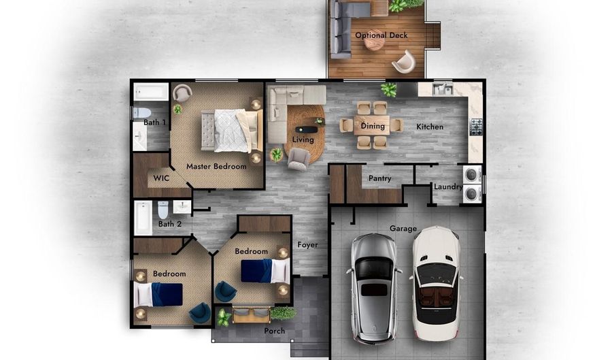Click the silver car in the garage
(373, 289)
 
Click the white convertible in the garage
(436, 283)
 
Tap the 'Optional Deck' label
(381, 35)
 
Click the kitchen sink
(443, 89)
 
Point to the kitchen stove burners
(476, 127)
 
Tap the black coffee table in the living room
(306, 129)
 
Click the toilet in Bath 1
(141, 113)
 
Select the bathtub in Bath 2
(143, 218)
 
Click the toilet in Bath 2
(163, 210)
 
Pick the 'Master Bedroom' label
(216, 166)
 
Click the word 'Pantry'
(379, 178)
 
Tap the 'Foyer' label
(307, 245)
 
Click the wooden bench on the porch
(251, 315)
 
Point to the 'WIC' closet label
(161, 178)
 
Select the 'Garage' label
(403, 229)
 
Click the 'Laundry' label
(448, 187)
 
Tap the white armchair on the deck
(404, 62)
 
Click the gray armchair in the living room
(299, 159)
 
